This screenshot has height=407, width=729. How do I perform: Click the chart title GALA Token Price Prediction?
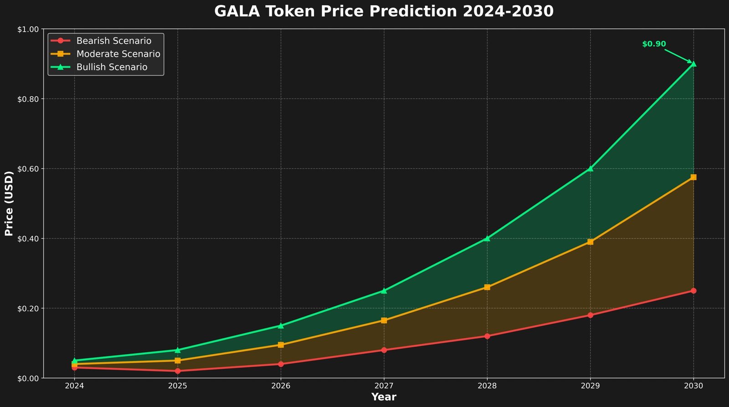[384, 11]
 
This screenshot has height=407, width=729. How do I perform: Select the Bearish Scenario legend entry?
[113, 41]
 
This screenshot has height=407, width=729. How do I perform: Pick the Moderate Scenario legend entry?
[118, 54]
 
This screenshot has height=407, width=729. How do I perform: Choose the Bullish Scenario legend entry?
[112, 67]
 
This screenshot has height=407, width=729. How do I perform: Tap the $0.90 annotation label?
[654, 44]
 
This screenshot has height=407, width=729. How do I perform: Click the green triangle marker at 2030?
[693, 64]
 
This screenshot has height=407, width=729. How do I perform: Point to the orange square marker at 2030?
[693, 177]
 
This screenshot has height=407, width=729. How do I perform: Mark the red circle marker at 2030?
[693, 290]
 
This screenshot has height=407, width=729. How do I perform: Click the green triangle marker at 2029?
[590, 168]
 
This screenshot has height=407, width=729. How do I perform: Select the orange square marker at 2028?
[487, 287]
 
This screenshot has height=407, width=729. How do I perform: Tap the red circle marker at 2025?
[178, 371]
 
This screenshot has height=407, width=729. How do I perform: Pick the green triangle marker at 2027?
[384, 290]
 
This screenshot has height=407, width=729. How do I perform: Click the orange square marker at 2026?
[281, 345]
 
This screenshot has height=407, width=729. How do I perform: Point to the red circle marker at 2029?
[590, 315]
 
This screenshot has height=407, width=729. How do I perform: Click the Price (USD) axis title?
[9, 203]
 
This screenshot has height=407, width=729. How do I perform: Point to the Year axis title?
[384, 397]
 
